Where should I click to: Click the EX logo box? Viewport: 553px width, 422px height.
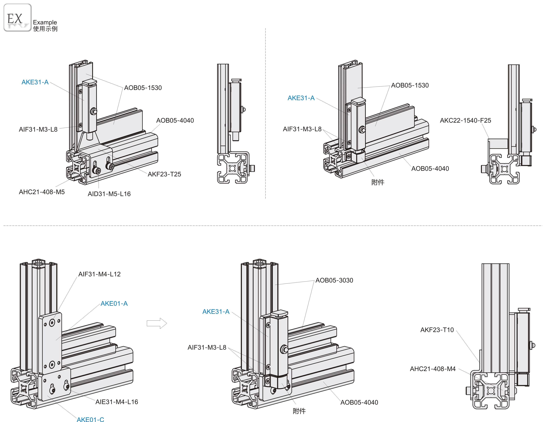tap(17, 18)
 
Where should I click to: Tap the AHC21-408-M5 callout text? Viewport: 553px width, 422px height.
tap(42, 192)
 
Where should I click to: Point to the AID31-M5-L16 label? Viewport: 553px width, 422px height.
tap(109, 194)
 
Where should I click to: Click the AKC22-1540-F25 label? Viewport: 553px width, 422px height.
tap(465, 120)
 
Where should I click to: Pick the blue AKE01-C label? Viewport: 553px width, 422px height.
tap(90, 419)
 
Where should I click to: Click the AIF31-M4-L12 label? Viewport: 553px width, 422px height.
tap(99, 274)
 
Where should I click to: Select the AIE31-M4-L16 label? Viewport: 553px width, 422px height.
tap(117, 402)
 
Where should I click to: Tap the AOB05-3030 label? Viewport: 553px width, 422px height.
tap(334, 280)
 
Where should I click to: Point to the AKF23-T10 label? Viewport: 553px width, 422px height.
tap(437, 330)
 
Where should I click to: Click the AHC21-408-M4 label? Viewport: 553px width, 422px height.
tap(432, 369)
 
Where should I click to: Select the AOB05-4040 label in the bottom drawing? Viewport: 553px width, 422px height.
tap(359, 402)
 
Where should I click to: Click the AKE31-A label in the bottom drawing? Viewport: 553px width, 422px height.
tap(216, 311)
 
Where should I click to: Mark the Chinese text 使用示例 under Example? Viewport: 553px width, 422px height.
tap(45, 29)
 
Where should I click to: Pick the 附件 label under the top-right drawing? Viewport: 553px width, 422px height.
tap(378, 182)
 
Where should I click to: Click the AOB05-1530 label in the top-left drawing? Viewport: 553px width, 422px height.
tap(143, 88)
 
